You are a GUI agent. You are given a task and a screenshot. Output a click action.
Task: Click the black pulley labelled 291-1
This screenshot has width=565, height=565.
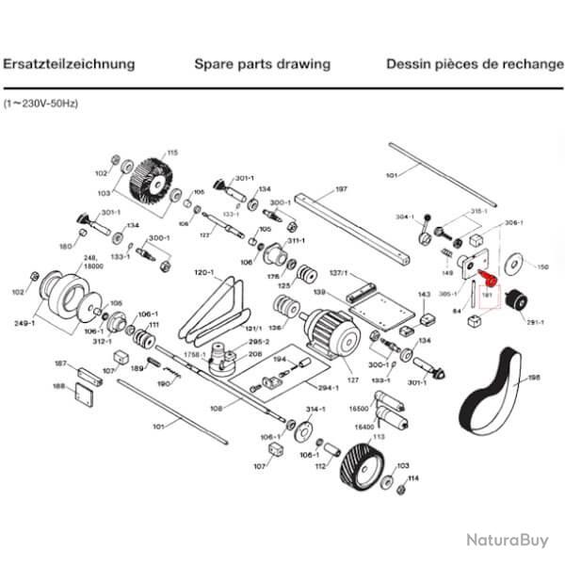[x=514, y=303]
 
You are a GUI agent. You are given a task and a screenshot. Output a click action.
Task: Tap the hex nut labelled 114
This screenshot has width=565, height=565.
[x=399, y=489]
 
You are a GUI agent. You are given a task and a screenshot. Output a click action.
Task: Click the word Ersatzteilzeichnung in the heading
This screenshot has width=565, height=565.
[x=69, y=65]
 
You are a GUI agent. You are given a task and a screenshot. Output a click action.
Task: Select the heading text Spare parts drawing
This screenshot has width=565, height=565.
[x=262, y=65]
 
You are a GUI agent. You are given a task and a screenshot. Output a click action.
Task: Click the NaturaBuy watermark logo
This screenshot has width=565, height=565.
[x=506, y=540]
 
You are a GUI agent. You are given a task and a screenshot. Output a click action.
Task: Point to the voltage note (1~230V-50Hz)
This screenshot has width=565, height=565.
[x=40, y=100]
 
